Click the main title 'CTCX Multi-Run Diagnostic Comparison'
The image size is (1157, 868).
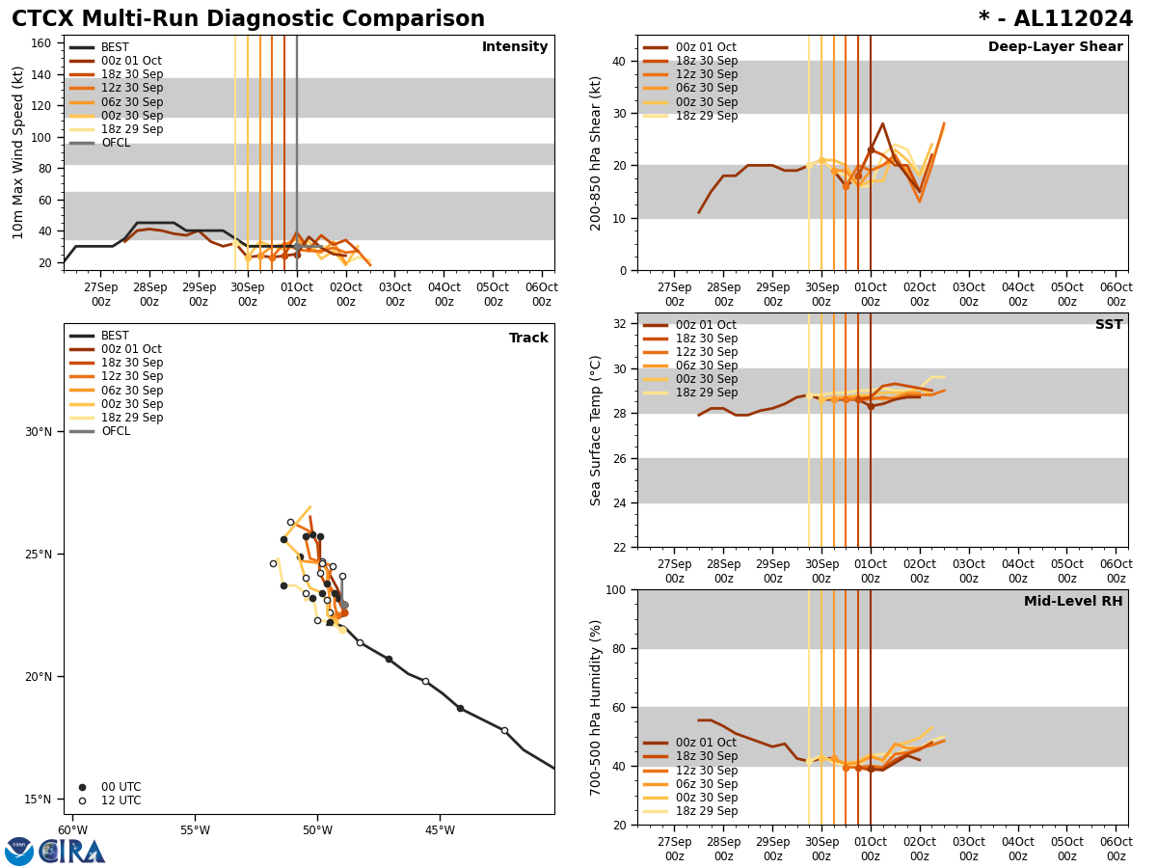248,19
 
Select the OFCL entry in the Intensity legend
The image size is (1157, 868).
115,144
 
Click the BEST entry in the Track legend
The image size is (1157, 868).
115,337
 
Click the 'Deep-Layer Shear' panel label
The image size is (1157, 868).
1055,47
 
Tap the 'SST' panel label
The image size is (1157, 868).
1109,325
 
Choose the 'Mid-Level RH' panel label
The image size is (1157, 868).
1073,602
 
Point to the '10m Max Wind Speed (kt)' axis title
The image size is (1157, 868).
18,152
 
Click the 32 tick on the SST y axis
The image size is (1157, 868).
620,324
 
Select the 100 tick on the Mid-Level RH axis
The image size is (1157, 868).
613,589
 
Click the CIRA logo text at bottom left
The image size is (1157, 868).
72,851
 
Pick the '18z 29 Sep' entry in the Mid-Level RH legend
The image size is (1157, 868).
708,812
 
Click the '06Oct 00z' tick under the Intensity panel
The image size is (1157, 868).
542,294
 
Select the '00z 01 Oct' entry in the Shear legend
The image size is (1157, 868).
708,47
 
